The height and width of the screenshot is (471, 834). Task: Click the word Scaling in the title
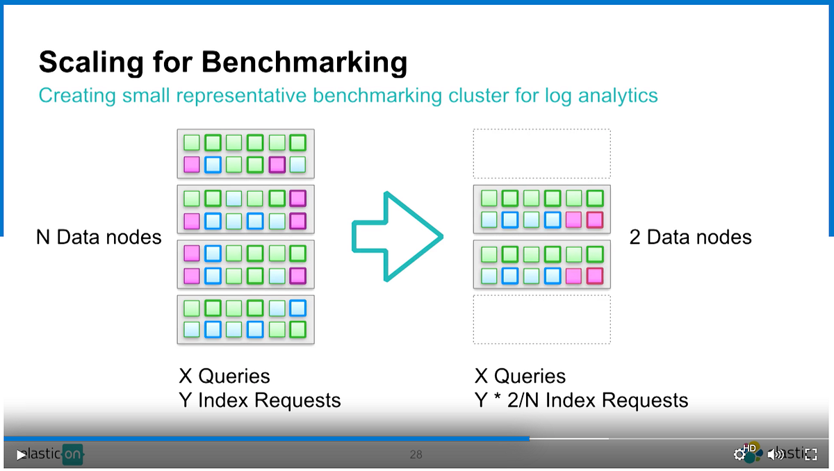[x=81, y=62]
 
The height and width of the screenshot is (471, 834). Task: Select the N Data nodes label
[x=98, y=238]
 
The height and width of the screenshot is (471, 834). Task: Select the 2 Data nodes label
[x=690, y=238]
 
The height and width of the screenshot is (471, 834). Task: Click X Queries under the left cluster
[x=224, y=377]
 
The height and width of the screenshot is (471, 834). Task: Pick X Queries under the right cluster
[x=520, y=377]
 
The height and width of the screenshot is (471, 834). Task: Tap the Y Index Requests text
[x=259, y=400]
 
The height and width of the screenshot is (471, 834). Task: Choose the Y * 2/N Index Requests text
[x=581, y=400]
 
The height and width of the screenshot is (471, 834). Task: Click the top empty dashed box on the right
[x=541, y=154]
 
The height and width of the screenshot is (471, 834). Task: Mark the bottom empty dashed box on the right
[x=541, y=320]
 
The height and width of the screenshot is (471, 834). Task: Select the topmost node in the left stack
[x=245, y=154]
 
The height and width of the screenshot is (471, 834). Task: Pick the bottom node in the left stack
[x=245, y=320]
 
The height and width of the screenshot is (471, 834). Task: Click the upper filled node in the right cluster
[x=541, y=209]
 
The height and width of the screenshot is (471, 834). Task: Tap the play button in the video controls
[x=22, y=454]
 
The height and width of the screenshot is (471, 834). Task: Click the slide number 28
[x=416, y=455]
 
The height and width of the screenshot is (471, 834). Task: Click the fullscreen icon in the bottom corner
[x=810, y=454]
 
